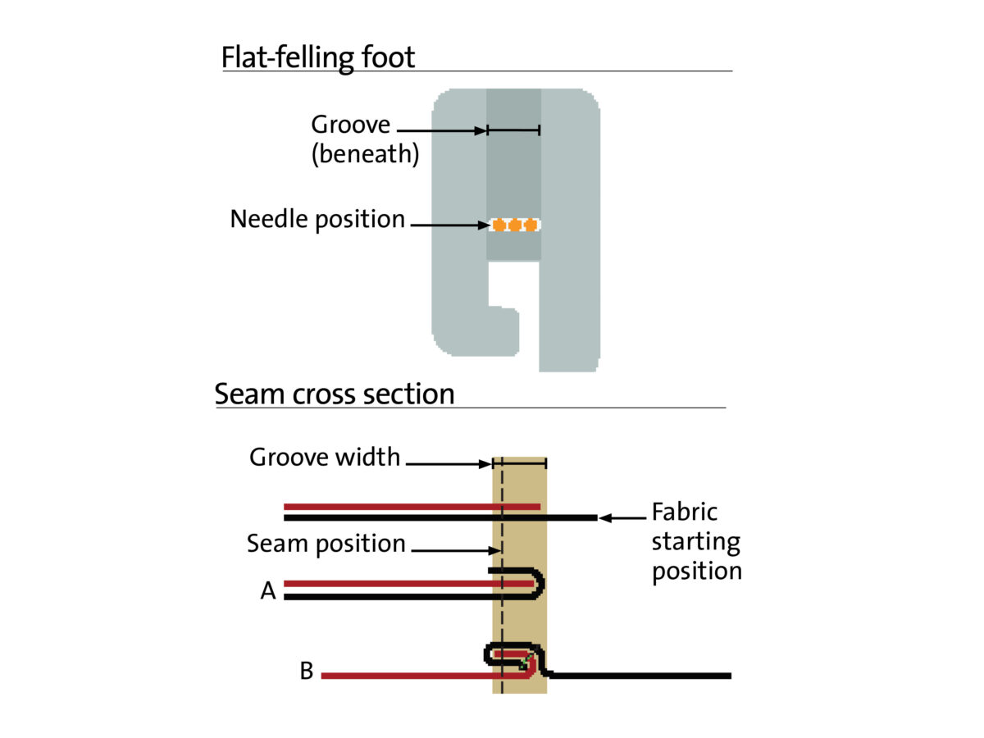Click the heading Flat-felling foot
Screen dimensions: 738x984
(x=318, y=57)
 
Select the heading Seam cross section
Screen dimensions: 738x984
(x=335, y=394)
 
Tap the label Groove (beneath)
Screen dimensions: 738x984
(x=364, y=139)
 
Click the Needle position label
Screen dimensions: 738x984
(x=317, y=219)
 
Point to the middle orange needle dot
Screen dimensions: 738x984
(x=514, y=225)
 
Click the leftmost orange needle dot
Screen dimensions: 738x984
(x=498, y=225)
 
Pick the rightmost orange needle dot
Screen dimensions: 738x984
(x=531, y=225)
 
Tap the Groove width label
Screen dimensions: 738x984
(x=325, y=457)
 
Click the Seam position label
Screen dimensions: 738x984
(x=326, y=543)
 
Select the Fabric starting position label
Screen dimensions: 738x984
(x=696, y=541)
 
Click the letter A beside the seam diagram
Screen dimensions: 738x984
(x=268, y=591)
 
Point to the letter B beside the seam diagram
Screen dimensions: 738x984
(x=306, y=672)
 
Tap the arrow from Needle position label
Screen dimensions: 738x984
(x=449, y=225)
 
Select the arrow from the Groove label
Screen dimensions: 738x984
(x=441, y=130)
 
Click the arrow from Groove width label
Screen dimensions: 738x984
(x=449, y=464)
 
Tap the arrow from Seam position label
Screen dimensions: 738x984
(x=454, y=549)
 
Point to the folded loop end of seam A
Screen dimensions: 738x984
(x=540, y=585)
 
